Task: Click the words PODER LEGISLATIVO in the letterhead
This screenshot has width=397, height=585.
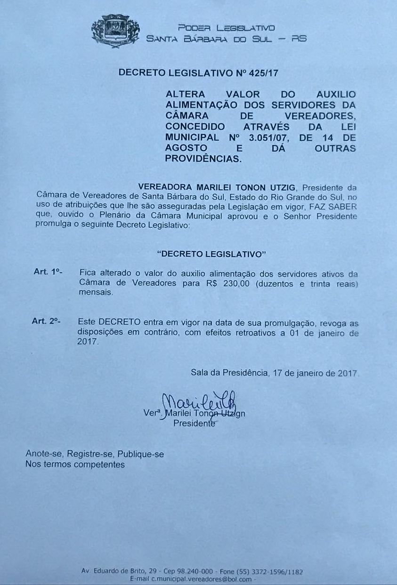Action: click(x=226, y=28)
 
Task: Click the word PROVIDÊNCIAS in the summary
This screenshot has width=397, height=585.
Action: click(x=203, y=159)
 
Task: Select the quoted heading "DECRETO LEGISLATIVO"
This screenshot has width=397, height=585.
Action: click(x=211, y=254)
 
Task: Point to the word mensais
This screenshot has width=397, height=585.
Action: click(x=96, y=292)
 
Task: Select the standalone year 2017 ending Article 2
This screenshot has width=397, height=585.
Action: click(x=88, y=343)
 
